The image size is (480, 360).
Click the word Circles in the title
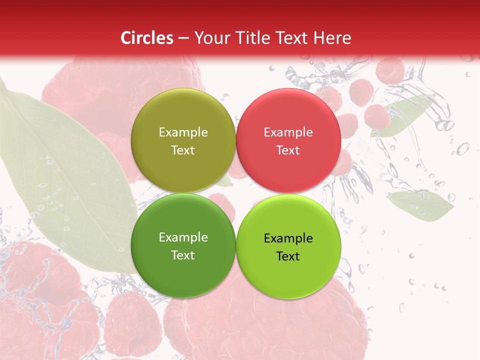(147, 38)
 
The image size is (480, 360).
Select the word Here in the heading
(332, 38)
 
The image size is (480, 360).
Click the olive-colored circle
(183, 115)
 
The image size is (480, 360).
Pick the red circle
(288, 115)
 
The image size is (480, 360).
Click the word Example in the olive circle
(183, 132)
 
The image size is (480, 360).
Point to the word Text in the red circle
(288, 150)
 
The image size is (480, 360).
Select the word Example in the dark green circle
(183, 237)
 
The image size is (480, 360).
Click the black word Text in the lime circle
(288, 256)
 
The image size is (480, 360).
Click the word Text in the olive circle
(183, 150)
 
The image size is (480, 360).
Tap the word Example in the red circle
(288, 132)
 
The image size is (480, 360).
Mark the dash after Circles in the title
(183, 38)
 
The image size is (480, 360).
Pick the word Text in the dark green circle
(183, 255)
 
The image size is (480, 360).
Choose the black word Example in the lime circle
(288, 238)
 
